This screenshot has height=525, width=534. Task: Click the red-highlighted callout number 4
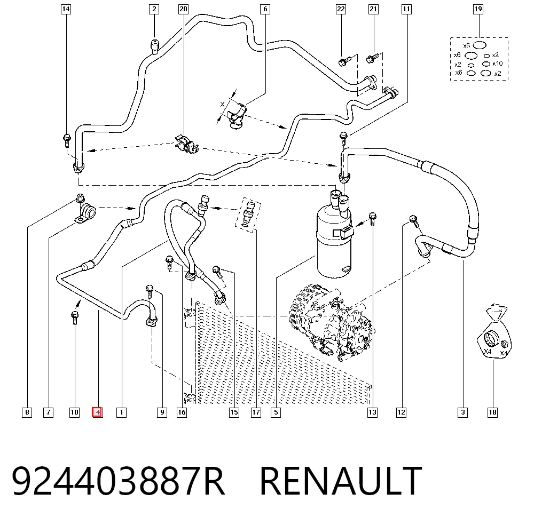[x=97, y=412]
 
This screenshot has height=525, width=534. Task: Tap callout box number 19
[x=478, y=9]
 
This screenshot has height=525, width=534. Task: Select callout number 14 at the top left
[x=66, y=9]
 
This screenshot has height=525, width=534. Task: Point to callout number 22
[x=341, y=9]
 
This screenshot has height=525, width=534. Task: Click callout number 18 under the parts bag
[x=492, y=412]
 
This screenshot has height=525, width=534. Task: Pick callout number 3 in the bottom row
[x=462, y=412]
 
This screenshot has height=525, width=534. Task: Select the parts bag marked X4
[x=494, y=333]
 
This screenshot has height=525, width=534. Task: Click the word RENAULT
[x=341, y=481]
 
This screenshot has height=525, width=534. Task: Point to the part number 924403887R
[x=119, y=481]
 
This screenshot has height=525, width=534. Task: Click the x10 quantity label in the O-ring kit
[x=498, y=63]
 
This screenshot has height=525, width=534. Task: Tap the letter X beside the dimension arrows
[x=222, y=104]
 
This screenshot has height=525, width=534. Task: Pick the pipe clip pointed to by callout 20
[x=186, y=145]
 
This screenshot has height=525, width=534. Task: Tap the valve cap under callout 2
[x=155, y=47]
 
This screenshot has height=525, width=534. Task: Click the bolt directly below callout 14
[x=67, y=140]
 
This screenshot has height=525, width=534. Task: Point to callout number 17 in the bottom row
[x=256, y=412]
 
